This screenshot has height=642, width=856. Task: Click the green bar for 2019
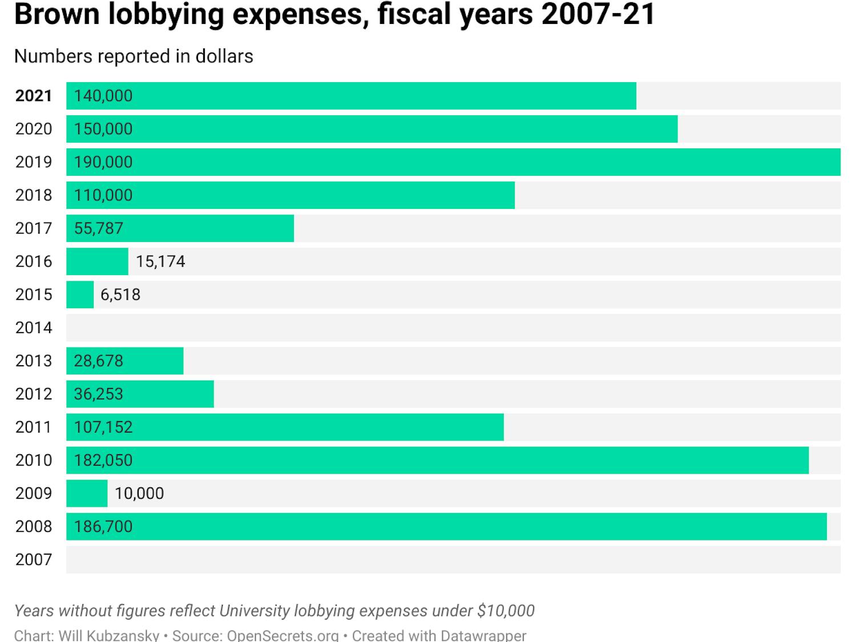tap(453, 162)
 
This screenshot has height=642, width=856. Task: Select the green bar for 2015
tap(80, 294)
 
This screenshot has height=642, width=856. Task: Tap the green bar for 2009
tap(87, 493)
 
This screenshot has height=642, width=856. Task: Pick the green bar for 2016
tap(97, 261)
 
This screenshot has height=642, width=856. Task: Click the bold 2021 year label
tap(34, 96)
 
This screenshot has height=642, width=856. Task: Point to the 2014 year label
tap(34, 328)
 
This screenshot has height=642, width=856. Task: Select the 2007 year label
tap(34, 559)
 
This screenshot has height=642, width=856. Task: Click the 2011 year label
tap(34, 427)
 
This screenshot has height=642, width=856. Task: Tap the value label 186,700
tap(103, 526)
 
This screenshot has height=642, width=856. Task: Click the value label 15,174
tap(160, 261)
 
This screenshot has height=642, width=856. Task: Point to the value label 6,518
tap(120, 294)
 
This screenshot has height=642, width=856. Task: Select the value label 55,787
tap(99, 228)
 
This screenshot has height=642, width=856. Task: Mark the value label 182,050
tap(103, 460)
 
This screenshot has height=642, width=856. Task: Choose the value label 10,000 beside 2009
tap(139, 493)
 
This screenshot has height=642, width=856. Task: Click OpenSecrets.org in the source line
tap(283, 635)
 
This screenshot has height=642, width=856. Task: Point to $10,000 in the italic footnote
tap(506, 611)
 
